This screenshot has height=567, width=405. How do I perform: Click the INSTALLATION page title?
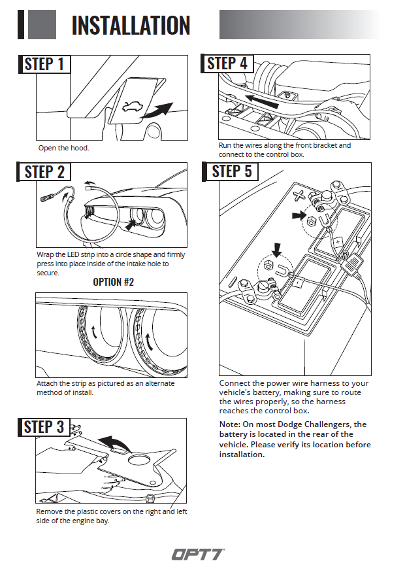click(x=131, y=25)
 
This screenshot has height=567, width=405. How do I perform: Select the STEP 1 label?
click(x=44, y=64)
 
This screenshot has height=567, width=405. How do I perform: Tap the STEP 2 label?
click(x=44, y=172)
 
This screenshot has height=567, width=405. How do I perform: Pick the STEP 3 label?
click(x=44, y=427)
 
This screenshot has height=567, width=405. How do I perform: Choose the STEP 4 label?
click(x=227, y=63)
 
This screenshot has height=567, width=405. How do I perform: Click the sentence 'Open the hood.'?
click(x=63, y=148)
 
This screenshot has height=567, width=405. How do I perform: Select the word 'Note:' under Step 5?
click(x=231, y=424)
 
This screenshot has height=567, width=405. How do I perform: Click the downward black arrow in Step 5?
click(x=277, y=249)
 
